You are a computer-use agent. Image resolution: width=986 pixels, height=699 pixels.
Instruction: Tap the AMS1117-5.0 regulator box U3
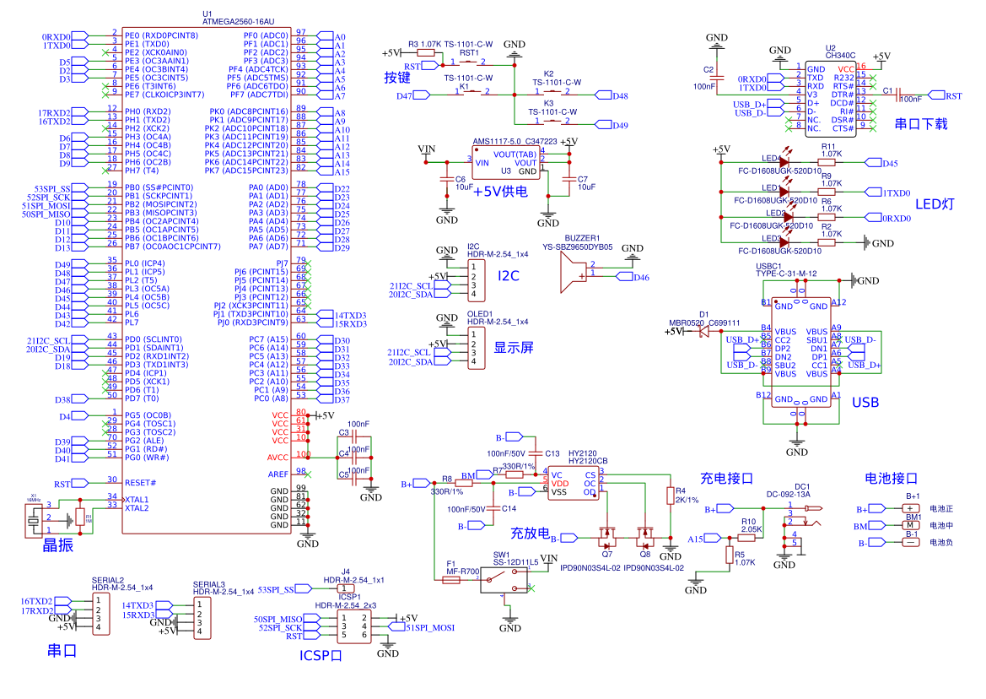point(505,162)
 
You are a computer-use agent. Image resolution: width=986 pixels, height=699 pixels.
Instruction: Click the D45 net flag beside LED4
point(889,163)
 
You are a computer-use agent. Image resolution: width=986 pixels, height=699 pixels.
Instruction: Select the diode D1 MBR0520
point(703,332)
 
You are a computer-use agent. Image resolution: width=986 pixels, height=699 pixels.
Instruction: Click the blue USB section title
point(865,403)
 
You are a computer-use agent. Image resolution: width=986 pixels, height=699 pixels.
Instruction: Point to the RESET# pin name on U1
point(141,483)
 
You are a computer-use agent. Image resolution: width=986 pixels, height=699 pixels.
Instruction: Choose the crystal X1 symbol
point(34,519)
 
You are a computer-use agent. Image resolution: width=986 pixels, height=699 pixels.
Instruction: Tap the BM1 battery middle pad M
point(912,525)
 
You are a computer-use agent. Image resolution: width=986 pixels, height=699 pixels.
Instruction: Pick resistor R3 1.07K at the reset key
point(426,52)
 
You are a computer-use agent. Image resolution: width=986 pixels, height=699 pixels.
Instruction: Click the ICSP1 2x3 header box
point(353,626)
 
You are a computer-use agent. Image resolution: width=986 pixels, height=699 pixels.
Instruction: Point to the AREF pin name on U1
point(279,474)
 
